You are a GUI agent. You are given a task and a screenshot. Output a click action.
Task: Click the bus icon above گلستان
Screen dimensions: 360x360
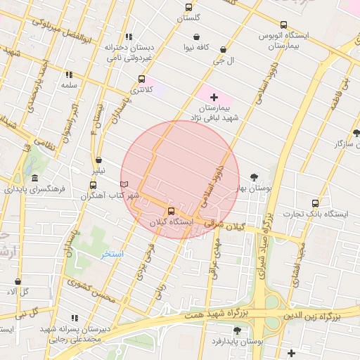188,7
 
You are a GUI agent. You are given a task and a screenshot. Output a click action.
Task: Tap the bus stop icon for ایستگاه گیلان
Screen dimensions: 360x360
171,211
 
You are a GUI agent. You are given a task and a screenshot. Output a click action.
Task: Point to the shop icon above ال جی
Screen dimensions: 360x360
223,50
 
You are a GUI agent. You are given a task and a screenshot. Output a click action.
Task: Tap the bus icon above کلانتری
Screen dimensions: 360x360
142,79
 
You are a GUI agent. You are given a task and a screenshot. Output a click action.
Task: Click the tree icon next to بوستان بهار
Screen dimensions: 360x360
253,177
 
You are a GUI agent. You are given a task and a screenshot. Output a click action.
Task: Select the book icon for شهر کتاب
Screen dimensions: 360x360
124,184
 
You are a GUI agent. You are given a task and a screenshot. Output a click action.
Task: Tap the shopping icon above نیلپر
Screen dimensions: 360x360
98,160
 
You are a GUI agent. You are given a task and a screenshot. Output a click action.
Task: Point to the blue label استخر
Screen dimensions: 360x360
112,253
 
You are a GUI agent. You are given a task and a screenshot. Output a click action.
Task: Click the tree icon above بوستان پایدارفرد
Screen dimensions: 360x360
236,330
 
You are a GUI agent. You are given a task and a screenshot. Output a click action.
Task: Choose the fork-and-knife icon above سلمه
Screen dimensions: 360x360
69,75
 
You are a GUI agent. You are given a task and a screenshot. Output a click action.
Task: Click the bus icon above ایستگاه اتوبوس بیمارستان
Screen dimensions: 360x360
283,25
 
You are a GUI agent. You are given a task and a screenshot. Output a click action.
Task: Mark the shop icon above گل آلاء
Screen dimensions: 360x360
18,281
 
